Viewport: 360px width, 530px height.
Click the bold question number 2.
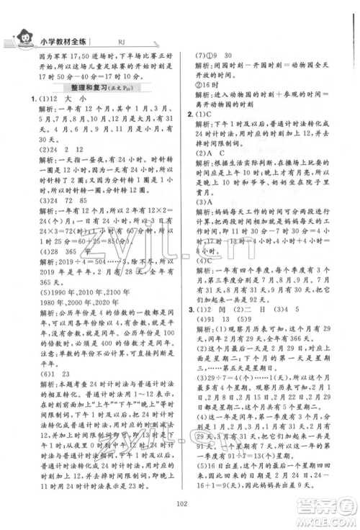pyautogui.click(x=189, y=114)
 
